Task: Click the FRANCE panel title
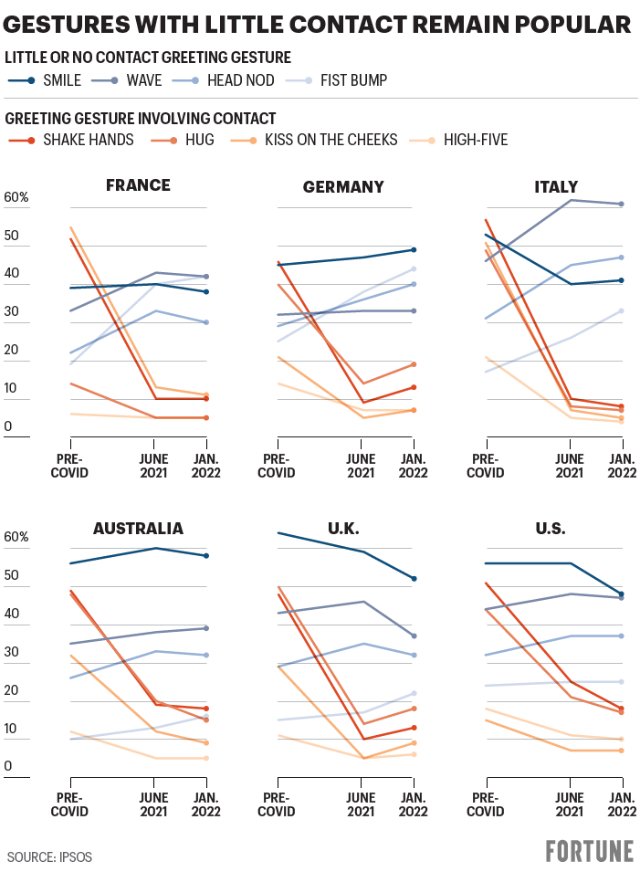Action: click(138, 185)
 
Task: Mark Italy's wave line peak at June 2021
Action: click(572, 200)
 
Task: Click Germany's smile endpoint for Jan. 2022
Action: click(414, 249)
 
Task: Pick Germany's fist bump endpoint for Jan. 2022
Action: click(414, 268)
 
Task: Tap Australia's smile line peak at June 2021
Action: click(154, 548)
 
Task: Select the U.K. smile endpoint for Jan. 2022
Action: click(414, 579)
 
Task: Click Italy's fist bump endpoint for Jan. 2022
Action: click(622, 310)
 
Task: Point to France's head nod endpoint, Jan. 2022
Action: click(206, 322)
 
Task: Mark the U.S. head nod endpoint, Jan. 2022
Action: click(622, 636)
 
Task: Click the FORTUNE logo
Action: click(589, 851)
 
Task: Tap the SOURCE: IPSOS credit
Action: click(49, 857)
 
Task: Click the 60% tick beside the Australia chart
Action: click(17, 536)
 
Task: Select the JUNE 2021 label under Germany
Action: click(362, 465)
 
